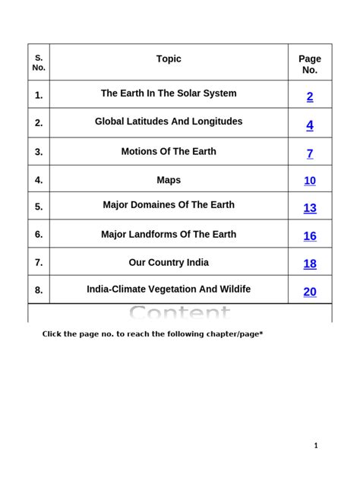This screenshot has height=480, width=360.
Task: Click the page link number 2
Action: coord(310,96)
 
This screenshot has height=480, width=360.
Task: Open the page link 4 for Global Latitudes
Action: coord(310,125)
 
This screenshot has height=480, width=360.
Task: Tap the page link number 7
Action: coord(310,153)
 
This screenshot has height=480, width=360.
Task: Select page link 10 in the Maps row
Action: coord(310,181)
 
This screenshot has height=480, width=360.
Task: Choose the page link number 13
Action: coord(310,208)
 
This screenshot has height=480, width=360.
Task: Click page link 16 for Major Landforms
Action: coord(310,236)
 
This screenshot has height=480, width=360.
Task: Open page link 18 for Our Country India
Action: coord(310,264)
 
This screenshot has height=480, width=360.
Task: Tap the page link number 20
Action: coord(310,292)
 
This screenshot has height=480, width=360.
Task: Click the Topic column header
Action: coord(169,59)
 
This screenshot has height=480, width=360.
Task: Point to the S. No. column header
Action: coord(39,62)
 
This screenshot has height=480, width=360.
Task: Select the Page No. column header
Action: coord(310,64)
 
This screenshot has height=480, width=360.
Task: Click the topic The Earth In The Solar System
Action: coord(169,93)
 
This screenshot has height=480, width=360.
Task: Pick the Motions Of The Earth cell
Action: coord(169,151)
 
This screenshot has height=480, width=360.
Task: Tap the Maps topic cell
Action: coord(169,181)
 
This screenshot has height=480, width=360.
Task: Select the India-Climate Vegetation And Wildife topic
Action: coord(169,289)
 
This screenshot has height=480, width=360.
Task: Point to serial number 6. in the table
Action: coord(39,235)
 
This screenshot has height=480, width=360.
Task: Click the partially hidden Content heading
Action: coord(179,313)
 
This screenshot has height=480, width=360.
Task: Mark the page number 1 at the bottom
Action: coord(316,445)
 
